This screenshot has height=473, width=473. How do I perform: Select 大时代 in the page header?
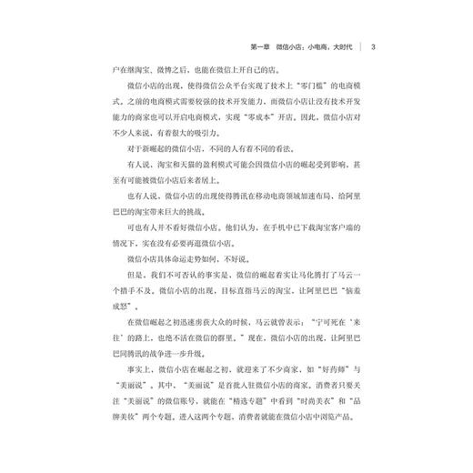(x=343, y=46)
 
